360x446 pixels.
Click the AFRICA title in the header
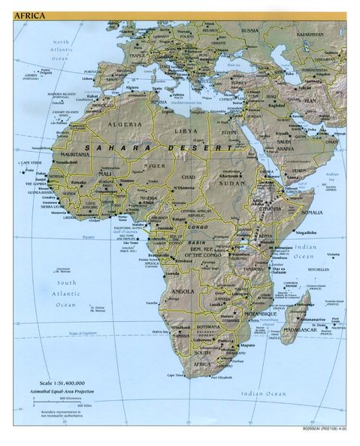pos(29,15)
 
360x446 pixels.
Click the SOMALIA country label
pos(311,212)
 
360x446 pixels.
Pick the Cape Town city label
pos(176,375)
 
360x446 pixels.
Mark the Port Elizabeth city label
pos(219,378)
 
